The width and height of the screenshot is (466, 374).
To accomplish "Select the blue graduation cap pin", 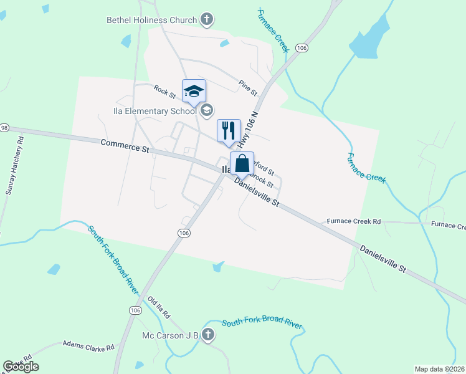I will pyautogui.click(x=194, y=92).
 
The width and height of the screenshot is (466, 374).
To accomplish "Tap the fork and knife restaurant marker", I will pyautogui.click(x=229, y=131).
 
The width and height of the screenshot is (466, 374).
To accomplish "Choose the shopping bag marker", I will pyautogui.click(x=242, y=164).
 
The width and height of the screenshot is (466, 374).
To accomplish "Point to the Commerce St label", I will pyautogui.click(x=125, y=146).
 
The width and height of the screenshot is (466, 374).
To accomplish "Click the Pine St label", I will pyautogui.click(x=248, y=87).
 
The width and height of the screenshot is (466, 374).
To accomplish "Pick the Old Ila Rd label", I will pyautogui.click(x=159, y=308).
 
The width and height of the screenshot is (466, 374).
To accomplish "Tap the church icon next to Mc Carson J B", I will pyautogui.click(x=209, y=335).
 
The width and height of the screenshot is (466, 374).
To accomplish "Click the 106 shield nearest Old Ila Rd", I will pyautogui.click(x=136, y=310).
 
